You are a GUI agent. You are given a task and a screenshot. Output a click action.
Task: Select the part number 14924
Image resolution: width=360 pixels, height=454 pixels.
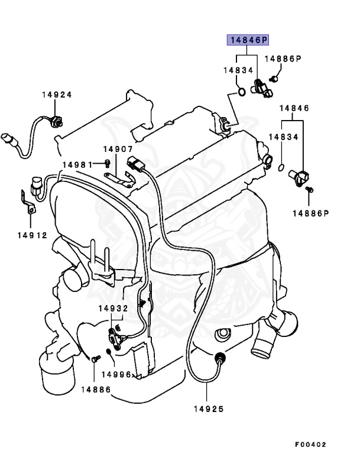[x=57, y=95]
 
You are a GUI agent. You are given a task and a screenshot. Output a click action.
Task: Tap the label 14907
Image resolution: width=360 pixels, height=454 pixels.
[x=118, y=150]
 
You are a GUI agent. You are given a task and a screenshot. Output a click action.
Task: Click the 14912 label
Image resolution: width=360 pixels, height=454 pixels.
[x=32, y=235]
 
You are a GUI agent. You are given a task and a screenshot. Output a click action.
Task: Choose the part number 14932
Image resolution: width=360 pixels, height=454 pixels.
[x=113, y=308]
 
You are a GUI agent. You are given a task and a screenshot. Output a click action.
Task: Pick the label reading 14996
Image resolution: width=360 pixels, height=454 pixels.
[x=116, y=374]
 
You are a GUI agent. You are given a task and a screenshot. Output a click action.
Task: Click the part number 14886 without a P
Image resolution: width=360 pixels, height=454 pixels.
[x=96, y=389]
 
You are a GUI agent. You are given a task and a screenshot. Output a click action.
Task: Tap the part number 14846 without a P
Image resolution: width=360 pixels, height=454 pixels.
[x=294, y=109]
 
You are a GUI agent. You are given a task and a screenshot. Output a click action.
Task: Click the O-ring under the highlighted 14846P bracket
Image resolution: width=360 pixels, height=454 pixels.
[x=242, y=92]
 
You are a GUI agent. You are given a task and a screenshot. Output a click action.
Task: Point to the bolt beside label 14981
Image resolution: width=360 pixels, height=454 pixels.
[x=107, y=163]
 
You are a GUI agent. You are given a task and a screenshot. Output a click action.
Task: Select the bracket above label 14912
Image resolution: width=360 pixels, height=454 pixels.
[x=26, y=200]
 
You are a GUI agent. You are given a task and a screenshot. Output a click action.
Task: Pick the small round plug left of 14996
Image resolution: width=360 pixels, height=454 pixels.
[x=108, y=353]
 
